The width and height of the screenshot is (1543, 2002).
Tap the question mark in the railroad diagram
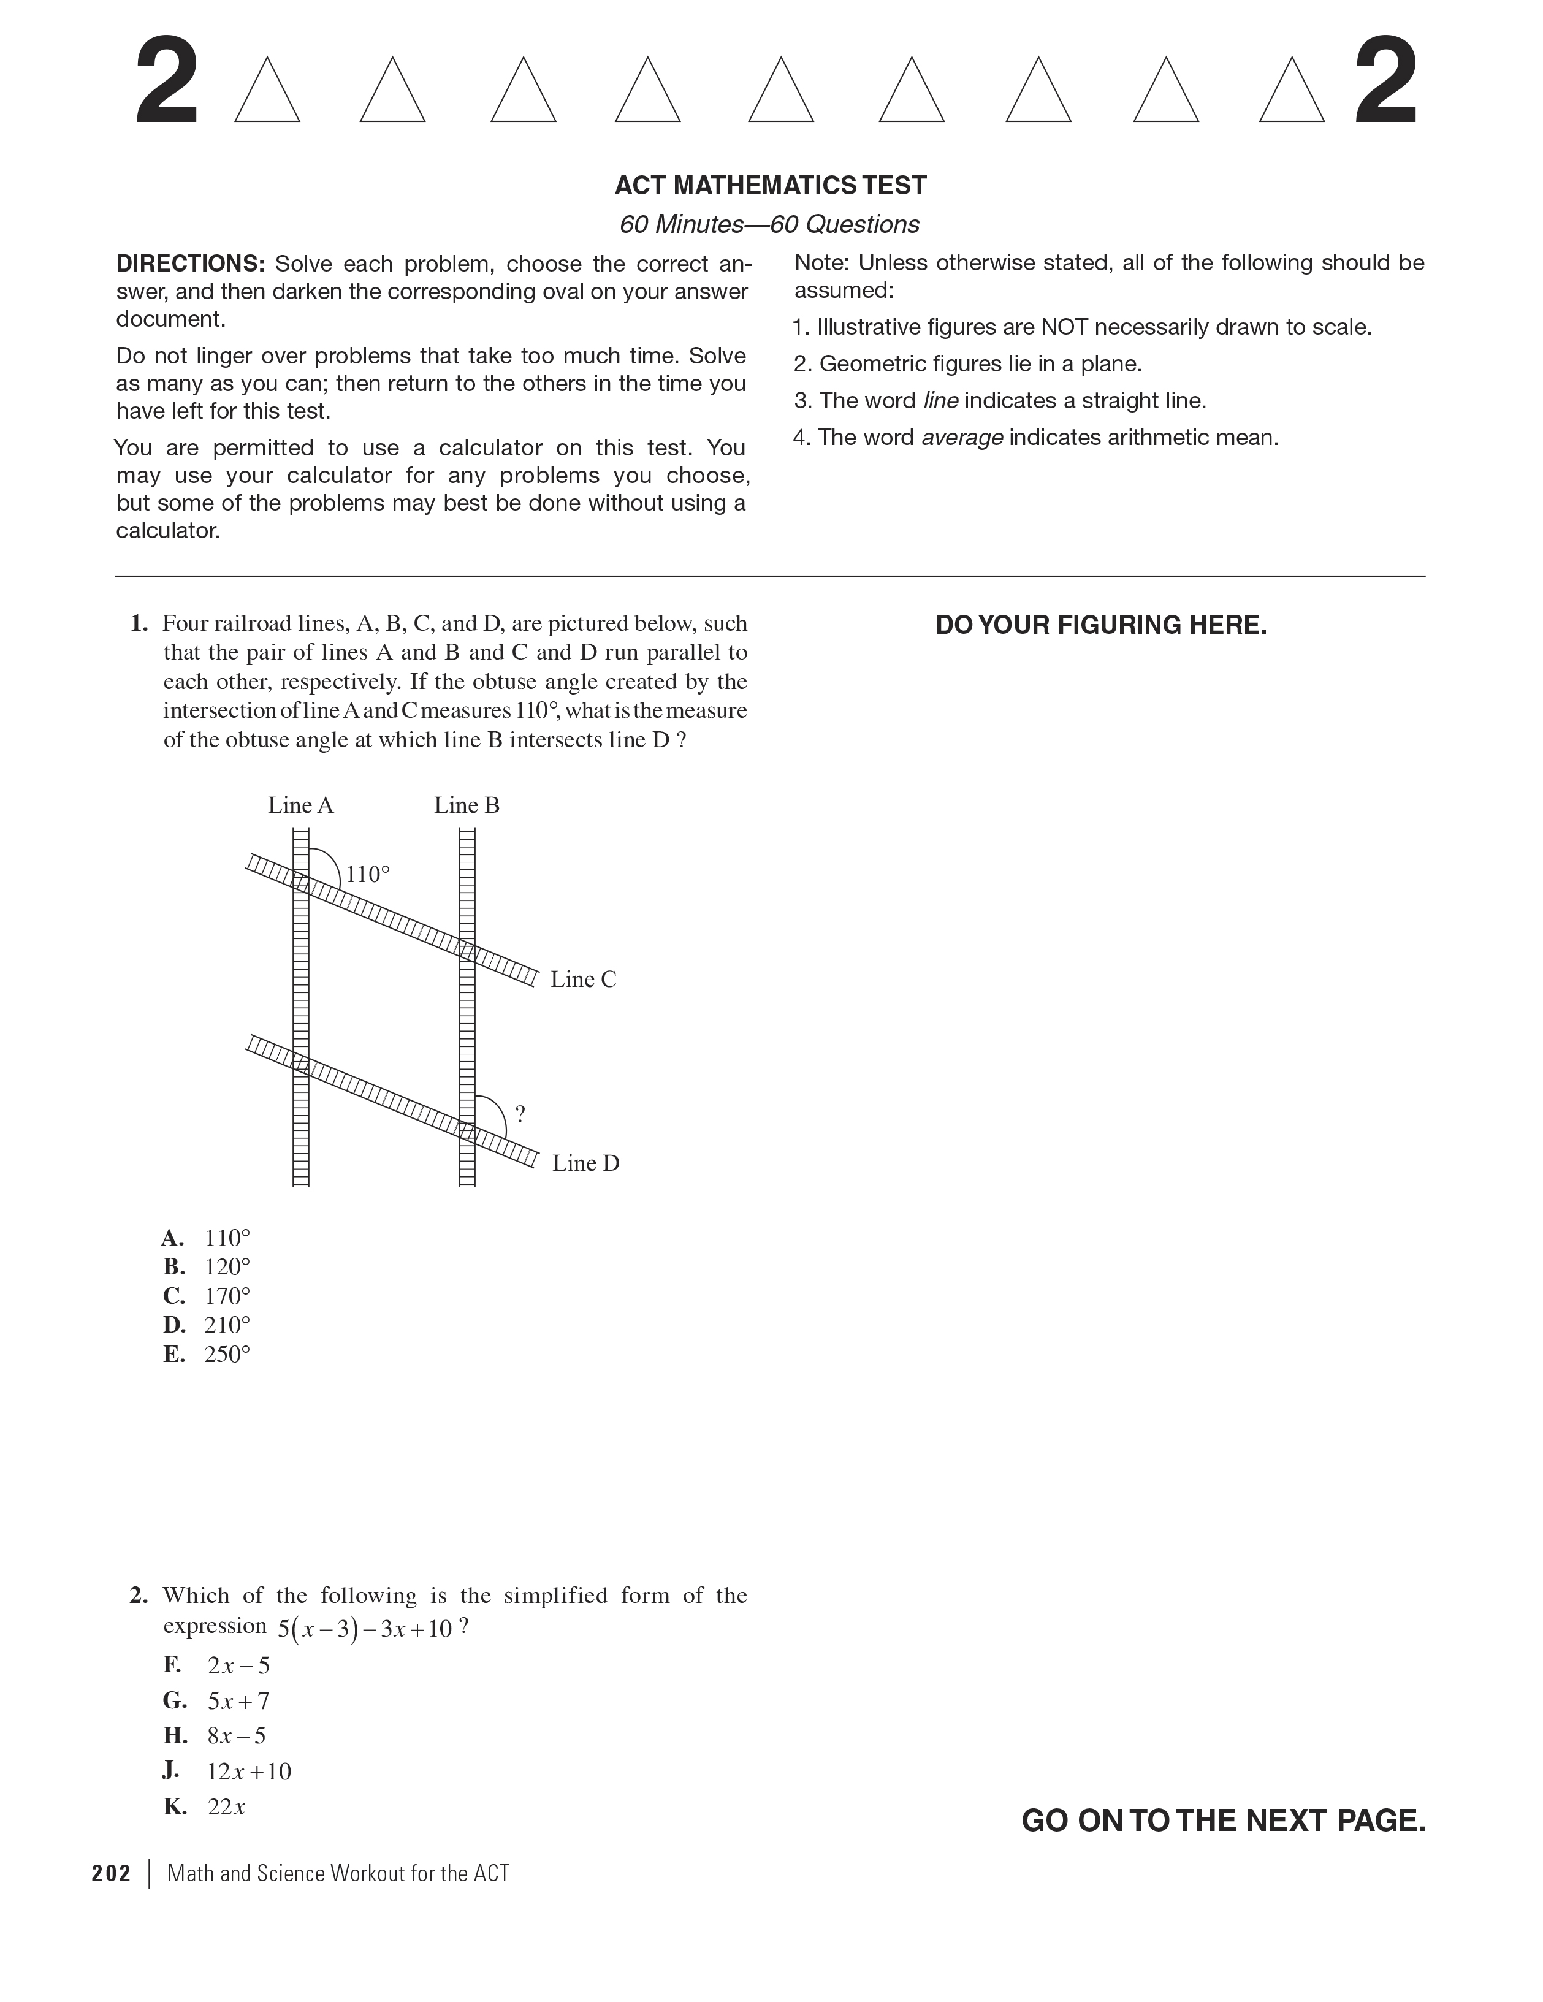point(520,1114)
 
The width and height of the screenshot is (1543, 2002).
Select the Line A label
point(301,805)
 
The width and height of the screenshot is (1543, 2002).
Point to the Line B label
point(467,805)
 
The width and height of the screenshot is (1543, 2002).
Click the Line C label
point(583,980)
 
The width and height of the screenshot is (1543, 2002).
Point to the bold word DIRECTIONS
point(190,264)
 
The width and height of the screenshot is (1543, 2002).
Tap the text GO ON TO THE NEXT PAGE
point(1223,1821)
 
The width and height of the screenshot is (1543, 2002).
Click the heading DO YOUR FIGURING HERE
point(1101,625)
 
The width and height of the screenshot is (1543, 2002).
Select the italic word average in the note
point(962,438)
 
